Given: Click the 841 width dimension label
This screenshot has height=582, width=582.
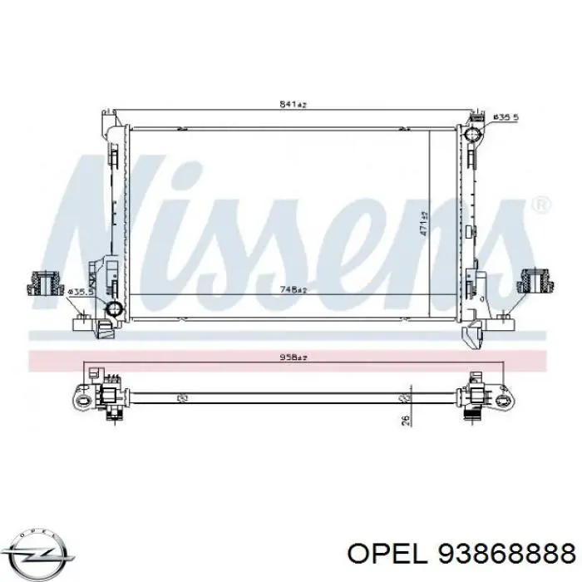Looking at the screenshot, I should click(x=288, y=104).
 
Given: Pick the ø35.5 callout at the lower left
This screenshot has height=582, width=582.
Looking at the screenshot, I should click(x=80, y=292).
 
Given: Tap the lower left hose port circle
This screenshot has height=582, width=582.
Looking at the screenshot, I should click(x=114, y=311).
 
